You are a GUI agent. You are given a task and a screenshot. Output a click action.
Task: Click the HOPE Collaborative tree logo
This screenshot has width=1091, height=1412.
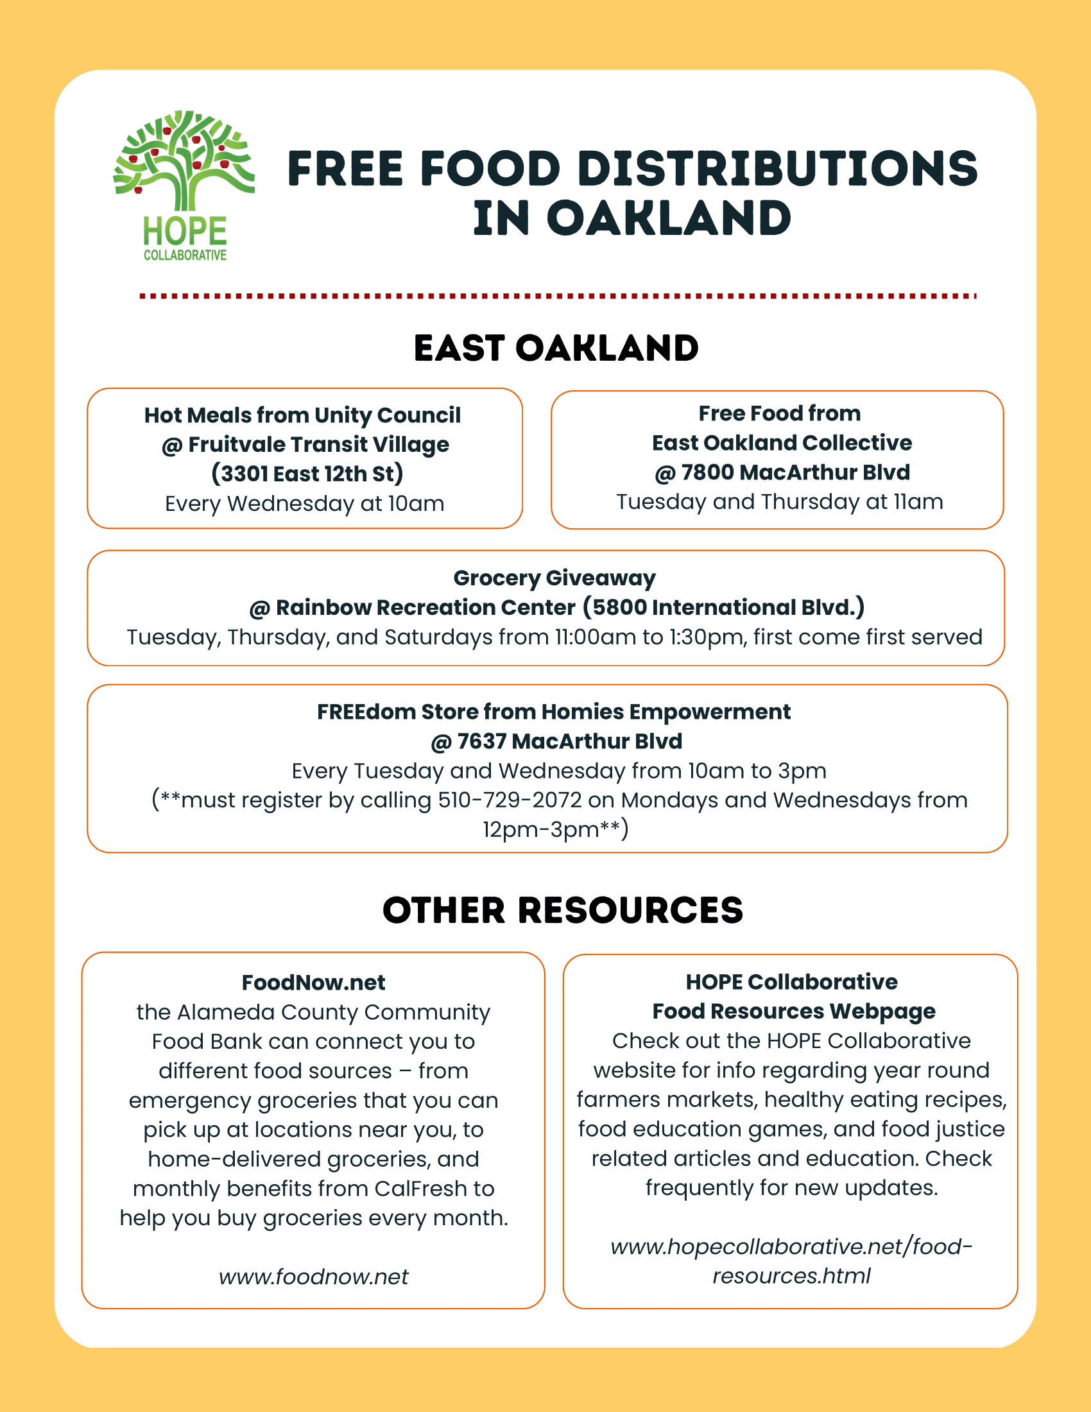184,185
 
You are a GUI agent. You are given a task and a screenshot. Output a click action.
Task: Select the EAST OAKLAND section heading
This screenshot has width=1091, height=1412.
556,349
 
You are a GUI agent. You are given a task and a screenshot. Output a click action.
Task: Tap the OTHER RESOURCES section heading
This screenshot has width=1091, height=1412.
563,910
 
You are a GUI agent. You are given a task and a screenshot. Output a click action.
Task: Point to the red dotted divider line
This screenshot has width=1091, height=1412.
558,296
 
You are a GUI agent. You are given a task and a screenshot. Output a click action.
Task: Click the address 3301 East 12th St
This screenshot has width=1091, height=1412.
307,474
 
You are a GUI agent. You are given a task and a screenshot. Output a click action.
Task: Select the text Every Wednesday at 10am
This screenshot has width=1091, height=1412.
304,504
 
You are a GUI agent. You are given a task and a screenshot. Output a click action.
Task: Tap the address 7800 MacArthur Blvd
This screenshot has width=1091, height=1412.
796,472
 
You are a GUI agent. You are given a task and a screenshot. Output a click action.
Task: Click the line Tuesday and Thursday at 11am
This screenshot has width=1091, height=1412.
780,502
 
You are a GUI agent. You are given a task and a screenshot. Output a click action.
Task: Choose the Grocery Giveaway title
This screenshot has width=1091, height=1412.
554,578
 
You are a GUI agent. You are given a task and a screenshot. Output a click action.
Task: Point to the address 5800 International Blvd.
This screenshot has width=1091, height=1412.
724,608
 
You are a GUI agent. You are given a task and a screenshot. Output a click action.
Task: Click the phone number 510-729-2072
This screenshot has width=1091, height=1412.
510,800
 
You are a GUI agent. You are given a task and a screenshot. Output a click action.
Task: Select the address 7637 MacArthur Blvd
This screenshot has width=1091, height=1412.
569,741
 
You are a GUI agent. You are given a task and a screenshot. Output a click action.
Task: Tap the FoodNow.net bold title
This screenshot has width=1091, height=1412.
313,983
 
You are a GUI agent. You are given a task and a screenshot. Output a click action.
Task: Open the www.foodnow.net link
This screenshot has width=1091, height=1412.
313,1277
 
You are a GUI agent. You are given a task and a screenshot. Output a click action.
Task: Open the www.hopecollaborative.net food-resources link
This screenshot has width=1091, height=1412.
791,1261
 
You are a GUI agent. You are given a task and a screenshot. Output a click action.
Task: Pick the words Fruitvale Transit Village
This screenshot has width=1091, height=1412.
319,445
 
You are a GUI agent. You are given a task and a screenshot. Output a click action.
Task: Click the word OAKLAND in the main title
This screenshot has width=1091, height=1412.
669,218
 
